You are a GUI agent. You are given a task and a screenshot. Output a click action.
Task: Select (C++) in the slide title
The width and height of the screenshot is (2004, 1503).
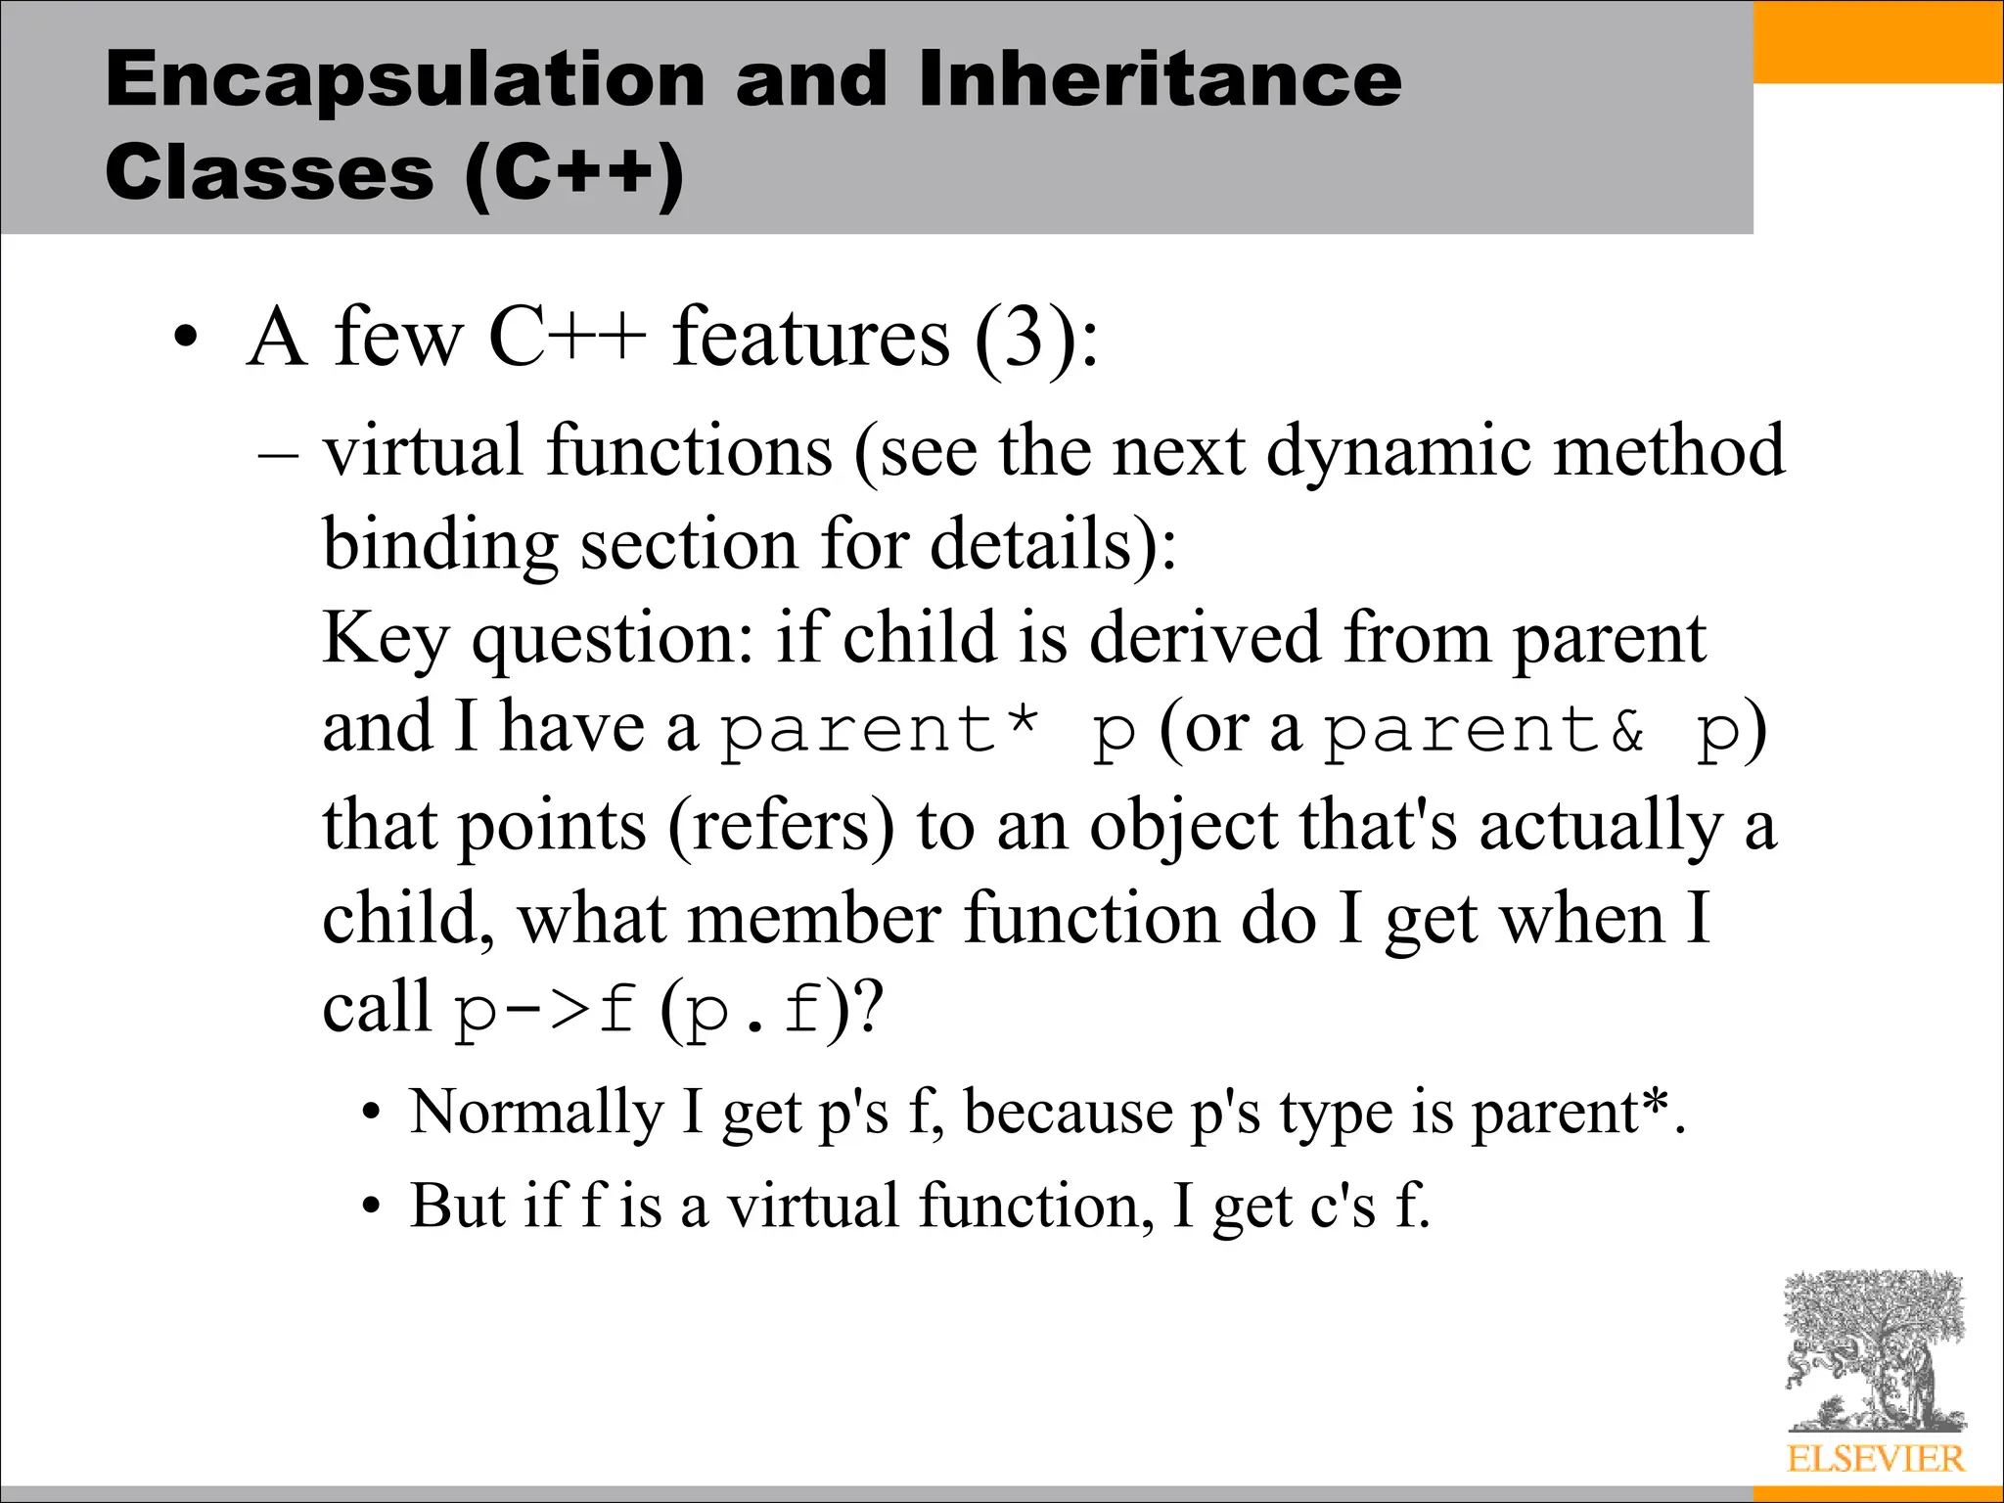coord(574,174)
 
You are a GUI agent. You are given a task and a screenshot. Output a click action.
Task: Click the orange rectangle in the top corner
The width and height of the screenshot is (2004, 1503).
coord(1878,41)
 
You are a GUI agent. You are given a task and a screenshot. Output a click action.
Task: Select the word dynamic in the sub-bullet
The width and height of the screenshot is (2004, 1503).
coord(1398,452)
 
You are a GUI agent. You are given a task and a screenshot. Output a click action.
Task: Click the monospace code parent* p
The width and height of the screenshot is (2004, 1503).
coord(928,731)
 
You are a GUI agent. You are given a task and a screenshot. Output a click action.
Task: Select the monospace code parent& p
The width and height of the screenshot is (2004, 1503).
coord(1532,731)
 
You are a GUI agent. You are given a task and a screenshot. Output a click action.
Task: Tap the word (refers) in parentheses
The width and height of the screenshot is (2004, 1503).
coord(781,825)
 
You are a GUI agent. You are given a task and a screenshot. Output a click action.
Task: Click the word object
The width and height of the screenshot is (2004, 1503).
coord(1183,825)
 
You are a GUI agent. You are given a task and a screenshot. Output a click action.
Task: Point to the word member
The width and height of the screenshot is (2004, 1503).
coord(814,919)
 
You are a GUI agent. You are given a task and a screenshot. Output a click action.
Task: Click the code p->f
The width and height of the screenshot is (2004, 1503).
coord(544,1011)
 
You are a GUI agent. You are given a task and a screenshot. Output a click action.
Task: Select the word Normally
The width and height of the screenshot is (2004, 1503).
coord(536,1113)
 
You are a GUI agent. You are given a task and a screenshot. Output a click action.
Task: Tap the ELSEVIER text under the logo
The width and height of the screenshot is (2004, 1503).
coord(1875,1459)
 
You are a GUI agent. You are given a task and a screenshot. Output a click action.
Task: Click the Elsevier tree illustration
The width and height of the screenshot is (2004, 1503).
coord(1874,1350)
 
